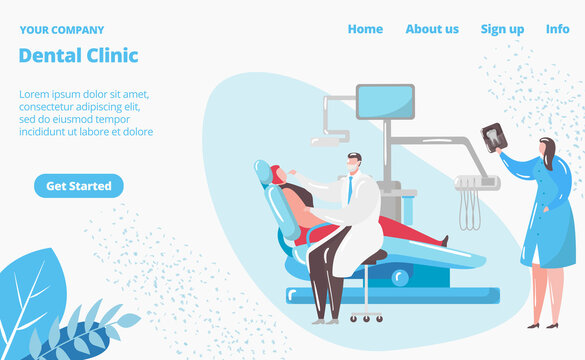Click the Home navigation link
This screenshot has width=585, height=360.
[x=365, y=29]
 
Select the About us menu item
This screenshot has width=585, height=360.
[x=432, y=29]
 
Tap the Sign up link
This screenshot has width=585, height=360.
[x=502, y=29]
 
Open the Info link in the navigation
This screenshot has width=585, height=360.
[x=557, y=29]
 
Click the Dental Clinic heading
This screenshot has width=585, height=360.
[x=79, y=56]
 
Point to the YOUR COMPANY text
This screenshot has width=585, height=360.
[x=61, y=30]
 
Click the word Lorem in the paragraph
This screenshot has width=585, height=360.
[x=35, y=94]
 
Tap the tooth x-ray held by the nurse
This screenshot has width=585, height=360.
[x=493, y=137]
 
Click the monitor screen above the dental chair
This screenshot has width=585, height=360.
[x=385, y=101]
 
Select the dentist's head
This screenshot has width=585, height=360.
[x=354, y=163]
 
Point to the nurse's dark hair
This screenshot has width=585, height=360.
[x=548, y=153]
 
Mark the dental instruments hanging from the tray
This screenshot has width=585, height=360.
[x=469, y=207]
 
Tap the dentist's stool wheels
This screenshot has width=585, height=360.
[x=366, y=318]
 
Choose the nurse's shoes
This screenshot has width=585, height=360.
[x=542, y=325]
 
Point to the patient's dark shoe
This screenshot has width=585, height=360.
[x=443, y=240]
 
